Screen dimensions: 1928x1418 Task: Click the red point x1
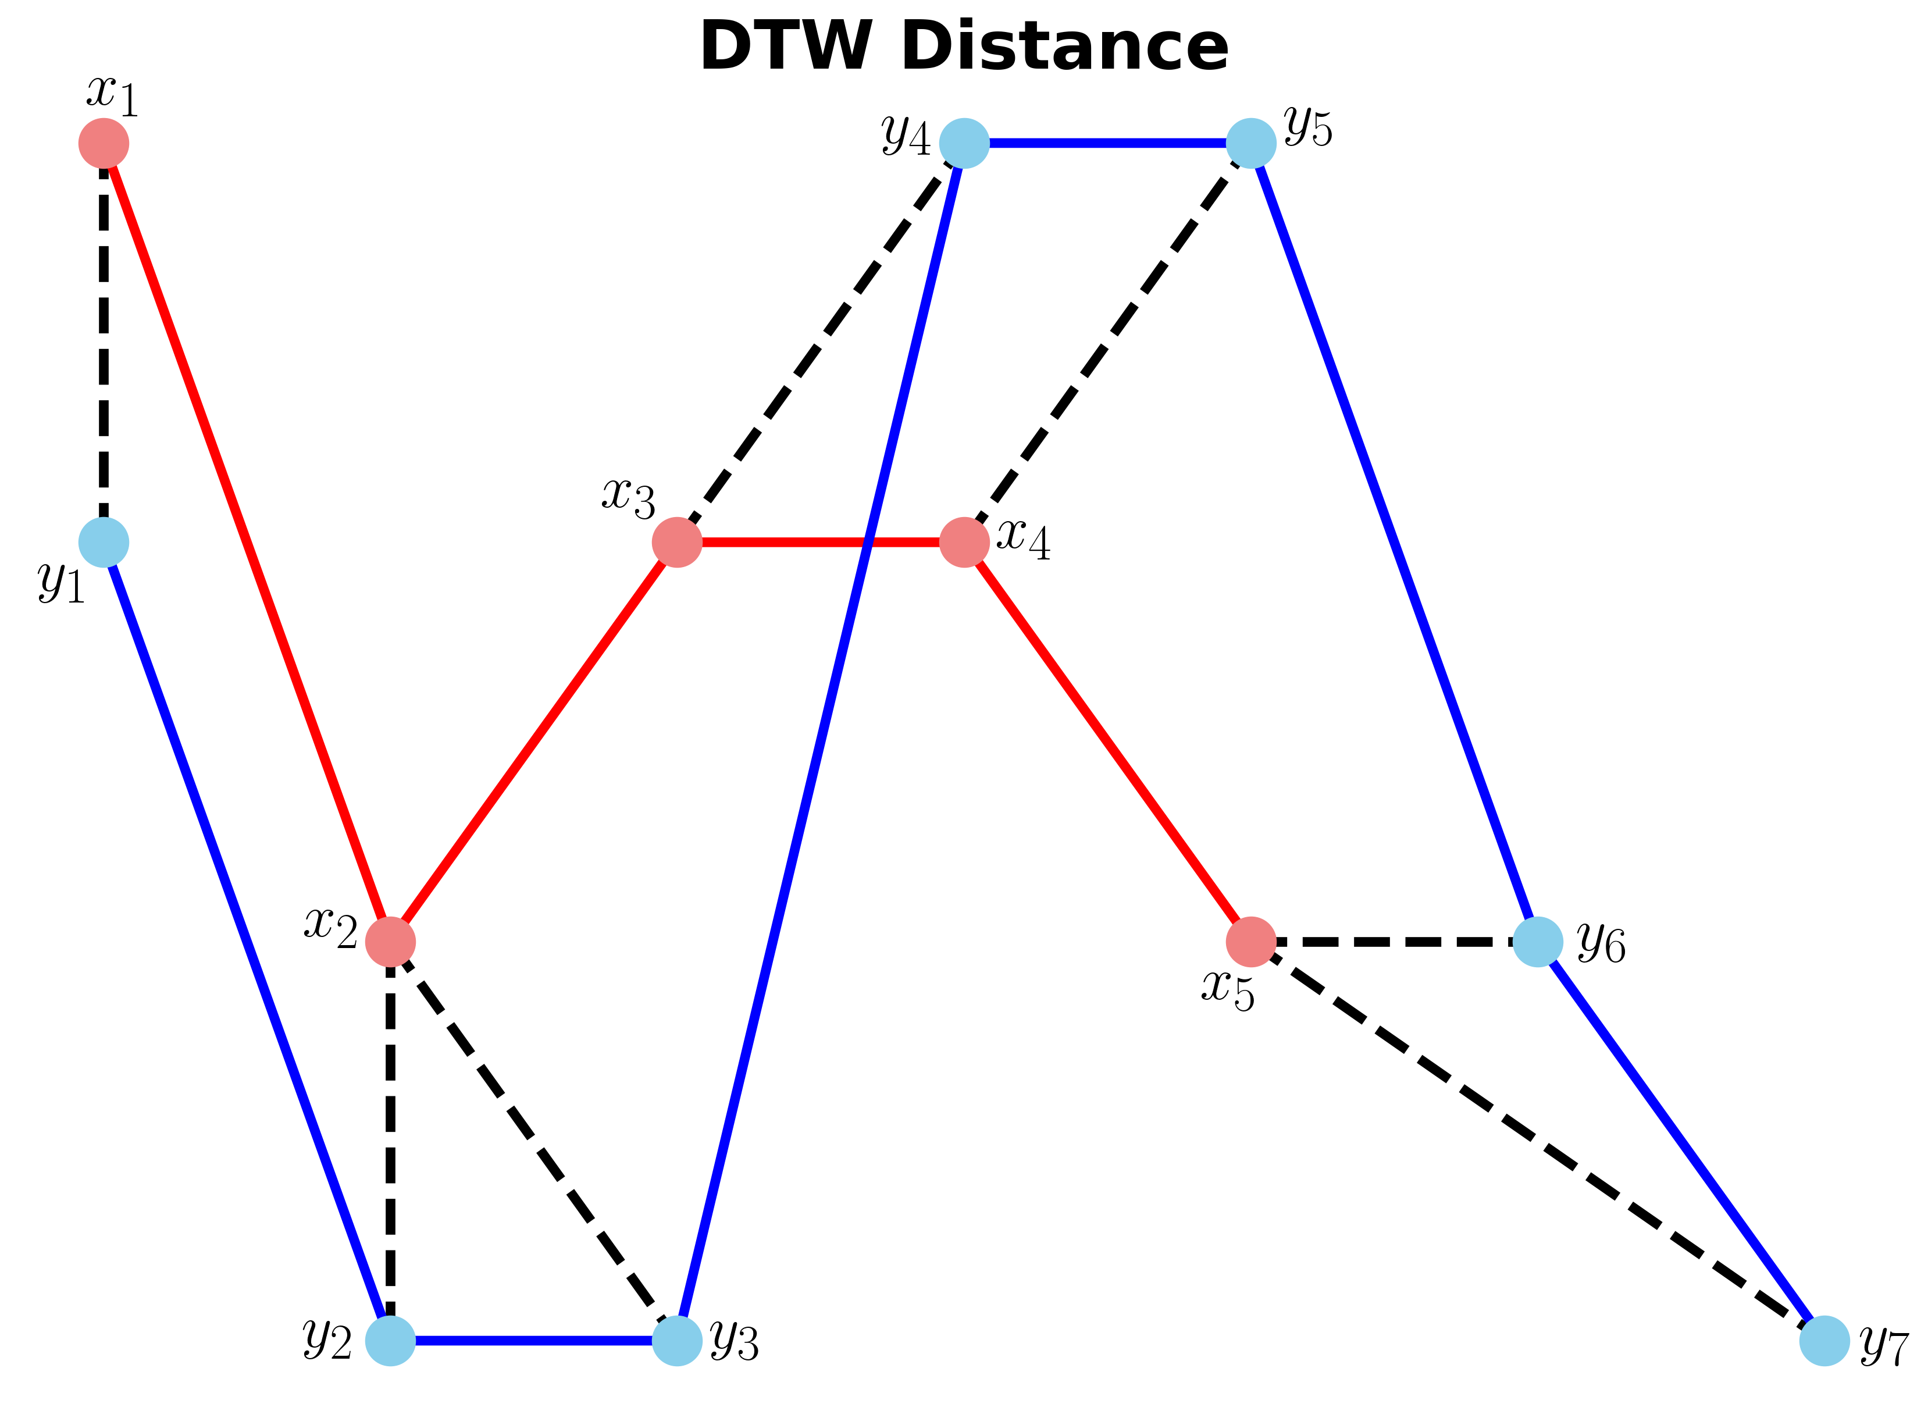click(104, 143)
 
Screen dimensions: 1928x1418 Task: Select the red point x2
click(391, 942)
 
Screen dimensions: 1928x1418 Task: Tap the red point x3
click(678, 543)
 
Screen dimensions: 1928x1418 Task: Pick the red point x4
click(965, 543)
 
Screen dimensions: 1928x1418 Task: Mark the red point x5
click(1252, 942)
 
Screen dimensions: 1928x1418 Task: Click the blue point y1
click(104, 543)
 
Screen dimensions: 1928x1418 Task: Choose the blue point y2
click(391, 1341)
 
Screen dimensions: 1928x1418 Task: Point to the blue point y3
click(678, 1341)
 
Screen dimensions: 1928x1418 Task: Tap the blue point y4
click(965, 143)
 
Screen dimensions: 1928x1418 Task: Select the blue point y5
click(1252, 143)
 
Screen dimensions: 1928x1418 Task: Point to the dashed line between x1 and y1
click(104, 343)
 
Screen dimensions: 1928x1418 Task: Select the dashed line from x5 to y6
click(1394, 942)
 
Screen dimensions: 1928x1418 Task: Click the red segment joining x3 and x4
click(821, 543)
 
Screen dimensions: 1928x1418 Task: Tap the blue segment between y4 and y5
click(1108, 143)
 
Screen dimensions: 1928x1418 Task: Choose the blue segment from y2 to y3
click(534, 1341)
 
